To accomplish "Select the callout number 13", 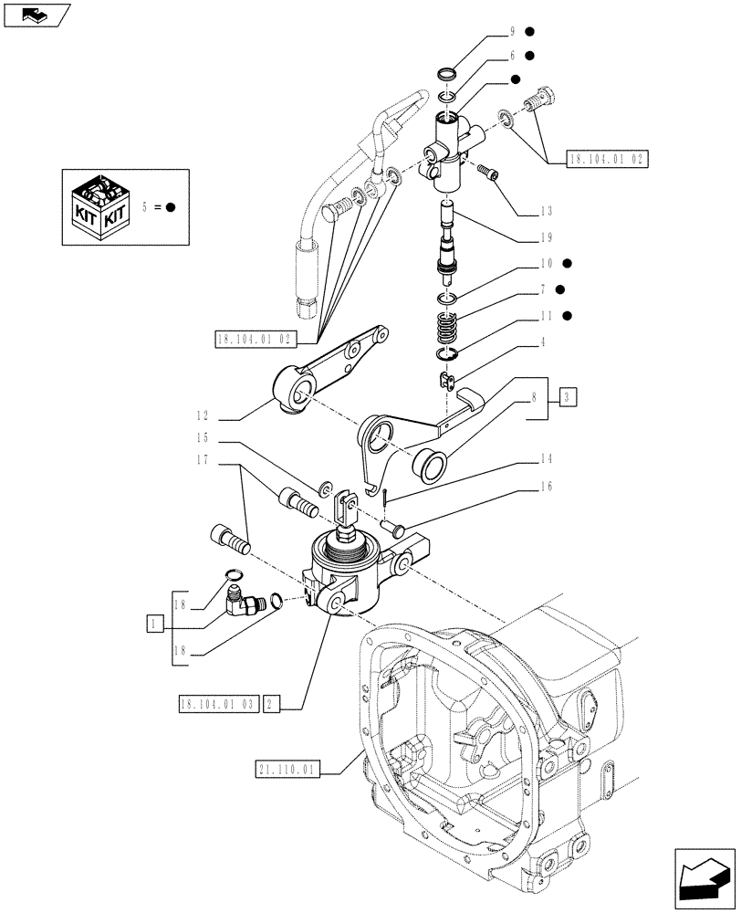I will pos(547,211).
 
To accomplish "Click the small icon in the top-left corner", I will pos(36,14).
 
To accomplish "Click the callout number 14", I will pos(547,458).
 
